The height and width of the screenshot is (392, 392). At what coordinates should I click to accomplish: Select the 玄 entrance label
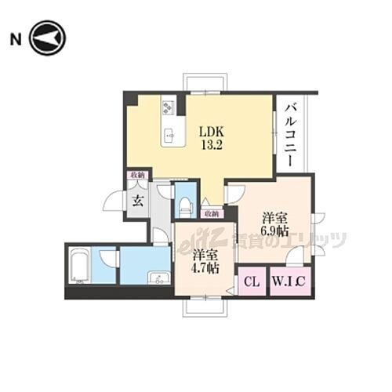coord(137,201)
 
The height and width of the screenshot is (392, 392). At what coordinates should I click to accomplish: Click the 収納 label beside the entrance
coord(136,176)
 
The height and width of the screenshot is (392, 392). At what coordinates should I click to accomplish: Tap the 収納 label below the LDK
coord(211,212)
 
